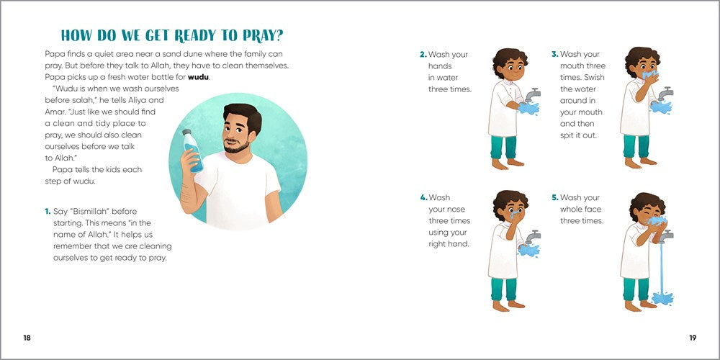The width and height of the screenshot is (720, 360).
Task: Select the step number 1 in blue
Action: click(48, 212)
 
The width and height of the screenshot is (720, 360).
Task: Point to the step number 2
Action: click(423, 55)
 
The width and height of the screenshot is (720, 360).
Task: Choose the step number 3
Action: click(554, 55)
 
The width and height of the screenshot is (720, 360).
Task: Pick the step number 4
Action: click(423, 198)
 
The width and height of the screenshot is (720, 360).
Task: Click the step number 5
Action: click(554, 198)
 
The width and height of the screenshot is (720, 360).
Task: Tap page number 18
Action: click(27, 338)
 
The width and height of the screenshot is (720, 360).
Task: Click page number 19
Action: click(692, 338)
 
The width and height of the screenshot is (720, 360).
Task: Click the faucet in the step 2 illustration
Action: click(533, 95)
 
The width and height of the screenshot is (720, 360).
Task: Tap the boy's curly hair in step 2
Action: click(510, 58)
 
